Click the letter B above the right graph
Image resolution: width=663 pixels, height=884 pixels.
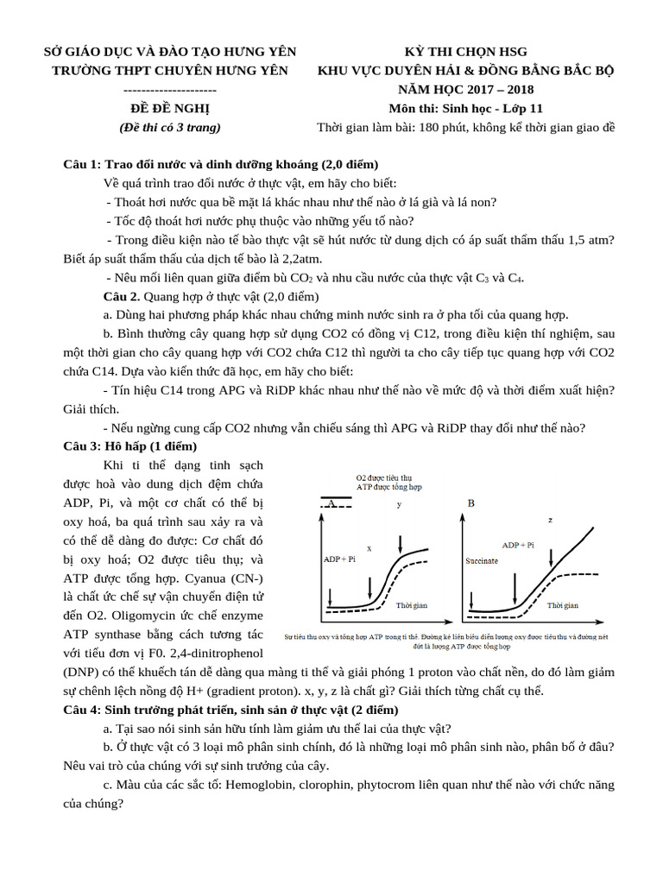pyautogui.click(x=471, y=502)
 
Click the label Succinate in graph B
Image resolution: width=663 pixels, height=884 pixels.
pyautogui.click(x=482, y=560)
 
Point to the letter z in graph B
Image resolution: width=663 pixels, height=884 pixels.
pyautogui.click(x=550, y=520)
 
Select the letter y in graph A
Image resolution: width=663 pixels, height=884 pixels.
pyautogui.click(x=399, y=505)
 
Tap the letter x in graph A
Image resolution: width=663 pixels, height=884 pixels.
pyautogui.click(x=369, y=547)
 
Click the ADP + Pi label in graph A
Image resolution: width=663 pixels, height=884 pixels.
pyautogui.click(x=338, y=559)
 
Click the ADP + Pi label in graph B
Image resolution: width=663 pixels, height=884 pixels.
pyautogui.click(x=518, y=546)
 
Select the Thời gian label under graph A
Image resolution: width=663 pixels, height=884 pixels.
pyautogui.click(x=411, y=605)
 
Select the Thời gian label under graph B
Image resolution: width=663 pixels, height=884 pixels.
pyautogui.click(x=563, y=605)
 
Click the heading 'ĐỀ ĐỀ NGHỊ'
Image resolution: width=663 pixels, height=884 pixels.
pyautogui.click(x=169, y=109)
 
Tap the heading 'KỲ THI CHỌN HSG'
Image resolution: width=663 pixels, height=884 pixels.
pyautogui.click(x=465, y=52)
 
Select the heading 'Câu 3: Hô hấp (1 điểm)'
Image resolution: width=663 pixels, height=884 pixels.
pyautogui.click(x=131, y=446)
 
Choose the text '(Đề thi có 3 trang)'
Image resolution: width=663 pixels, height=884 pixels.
pyautogui.click(x=169, y=128)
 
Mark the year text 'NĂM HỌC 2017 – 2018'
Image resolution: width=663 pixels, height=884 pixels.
pyautogui.click(x=465, y=90)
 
